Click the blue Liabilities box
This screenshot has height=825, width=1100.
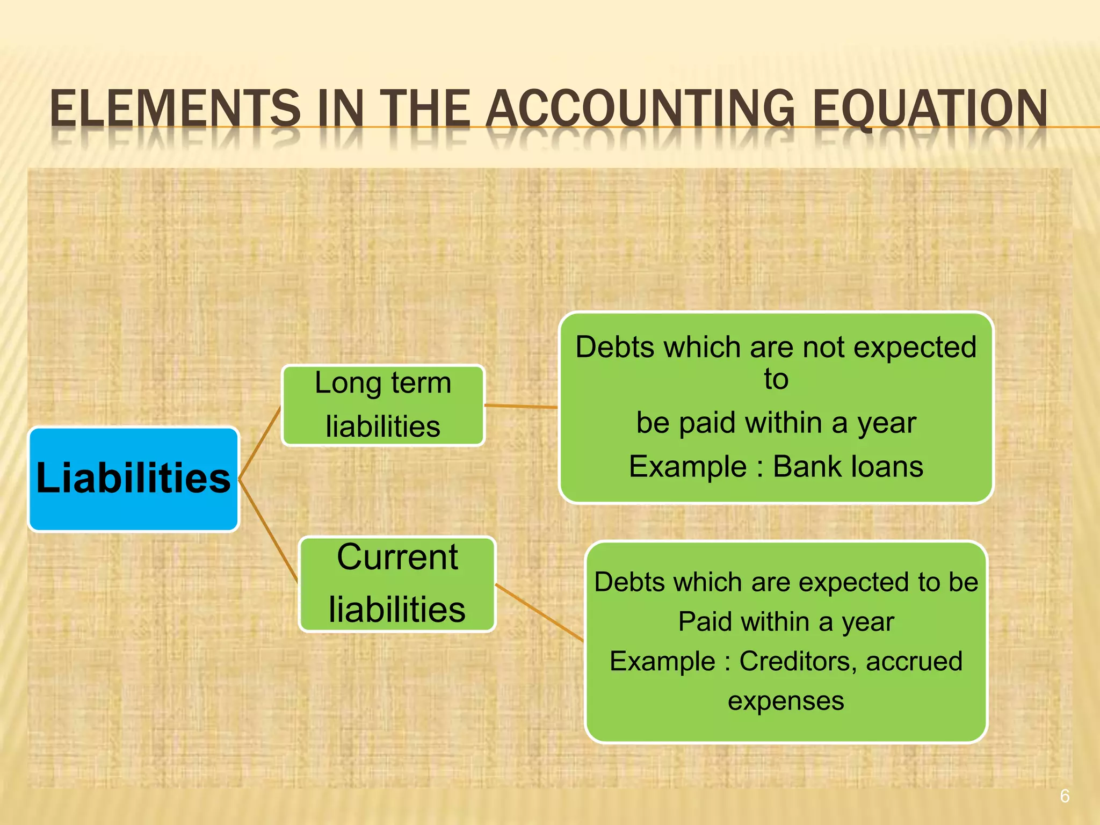point(133,479)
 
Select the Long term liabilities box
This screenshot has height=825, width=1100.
point(383,405)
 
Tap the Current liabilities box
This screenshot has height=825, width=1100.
point(397,584)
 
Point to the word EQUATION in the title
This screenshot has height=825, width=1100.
point(930,109)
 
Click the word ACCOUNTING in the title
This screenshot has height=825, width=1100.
point(640,109)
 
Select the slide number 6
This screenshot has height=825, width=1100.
point(1065,795)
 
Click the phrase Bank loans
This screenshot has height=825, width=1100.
point(848,466)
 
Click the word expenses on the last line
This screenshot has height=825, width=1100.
point(786,701)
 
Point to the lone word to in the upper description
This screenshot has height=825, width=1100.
point(776,379)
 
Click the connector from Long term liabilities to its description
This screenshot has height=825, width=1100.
point(521,406)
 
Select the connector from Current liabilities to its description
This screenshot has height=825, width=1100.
point(539,613)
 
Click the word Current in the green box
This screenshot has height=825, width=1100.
point(397,557)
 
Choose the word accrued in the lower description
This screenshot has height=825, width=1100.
point(914,661)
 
